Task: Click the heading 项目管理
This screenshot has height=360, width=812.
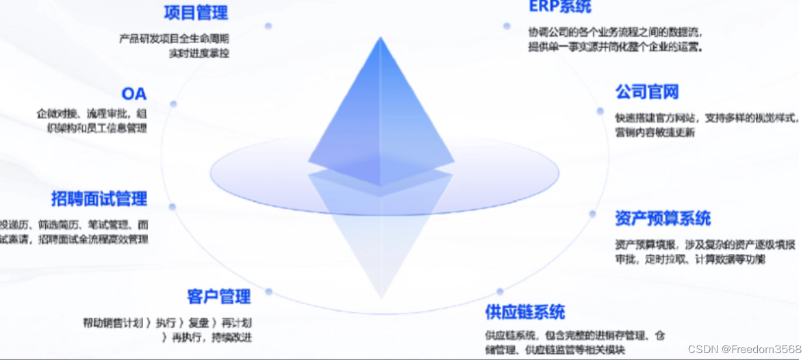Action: pos(196,12)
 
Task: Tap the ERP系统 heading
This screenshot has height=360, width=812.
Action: pos(559,7)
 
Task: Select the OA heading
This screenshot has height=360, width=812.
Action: pos(134,94)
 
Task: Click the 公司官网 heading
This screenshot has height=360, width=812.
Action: pos(646,92)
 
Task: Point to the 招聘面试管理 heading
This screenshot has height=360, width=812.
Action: pos(99,199)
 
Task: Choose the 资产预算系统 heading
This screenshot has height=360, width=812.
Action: pos(663,219)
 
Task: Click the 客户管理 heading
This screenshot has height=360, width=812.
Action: pos(219,297)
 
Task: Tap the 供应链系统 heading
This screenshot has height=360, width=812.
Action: pos(525,313)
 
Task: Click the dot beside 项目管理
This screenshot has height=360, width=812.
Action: pos(268,26)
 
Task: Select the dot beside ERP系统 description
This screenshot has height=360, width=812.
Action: pos(507,26)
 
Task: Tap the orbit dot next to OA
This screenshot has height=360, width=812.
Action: pos(174,104)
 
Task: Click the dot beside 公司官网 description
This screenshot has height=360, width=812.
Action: pos(600,111)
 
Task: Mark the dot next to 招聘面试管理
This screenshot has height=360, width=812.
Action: pos(173,206)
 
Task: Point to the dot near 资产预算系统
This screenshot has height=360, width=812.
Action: pos(593,213)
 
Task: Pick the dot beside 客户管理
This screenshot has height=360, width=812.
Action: pos(269,292)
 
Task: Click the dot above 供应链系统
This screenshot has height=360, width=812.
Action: pos(500,292)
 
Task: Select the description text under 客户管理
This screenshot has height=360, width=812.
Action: pos(171,329)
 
